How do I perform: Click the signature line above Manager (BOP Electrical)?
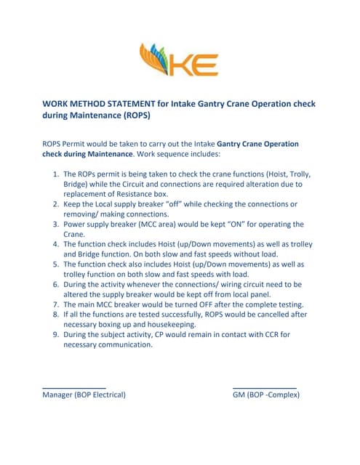tap(74, 387)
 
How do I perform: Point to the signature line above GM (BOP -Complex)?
tap(264, 387)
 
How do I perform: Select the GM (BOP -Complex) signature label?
tap(265, 395)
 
